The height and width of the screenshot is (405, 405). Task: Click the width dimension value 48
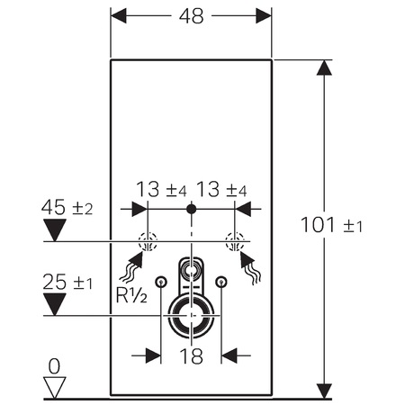(191, 16)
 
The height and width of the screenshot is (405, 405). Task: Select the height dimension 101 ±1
(331, 225)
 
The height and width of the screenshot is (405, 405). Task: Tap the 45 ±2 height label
(67, 207)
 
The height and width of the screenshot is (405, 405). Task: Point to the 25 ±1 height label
(67, 282)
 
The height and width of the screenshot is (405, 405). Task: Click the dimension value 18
(191, 356)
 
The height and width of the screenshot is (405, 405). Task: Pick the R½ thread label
(131, 295)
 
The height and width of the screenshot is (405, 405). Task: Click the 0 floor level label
(54, 366)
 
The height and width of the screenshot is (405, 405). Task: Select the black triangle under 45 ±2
(55, 229)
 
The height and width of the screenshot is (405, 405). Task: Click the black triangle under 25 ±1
(55, 304)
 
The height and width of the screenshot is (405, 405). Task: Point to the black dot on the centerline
(191, 209)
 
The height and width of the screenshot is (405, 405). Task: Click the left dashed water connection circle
(148, 241)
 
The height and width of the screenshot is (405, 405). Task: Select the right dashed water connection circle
(235, 241)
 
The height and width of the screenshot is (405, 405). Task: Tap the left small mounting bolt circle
(161, 282)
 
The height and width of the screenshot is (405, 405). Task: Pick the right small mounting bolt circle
(221, 282)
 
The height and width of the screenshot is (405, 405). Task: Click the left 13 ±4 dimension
(161, 190)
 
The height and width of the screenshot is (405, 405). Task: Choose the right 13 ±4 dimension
(221, 190)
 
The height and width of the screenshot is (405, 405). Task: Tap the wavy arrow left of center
(131, 267)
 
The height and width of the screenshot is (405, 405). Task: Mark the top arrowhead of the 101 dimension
(324, 67)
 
